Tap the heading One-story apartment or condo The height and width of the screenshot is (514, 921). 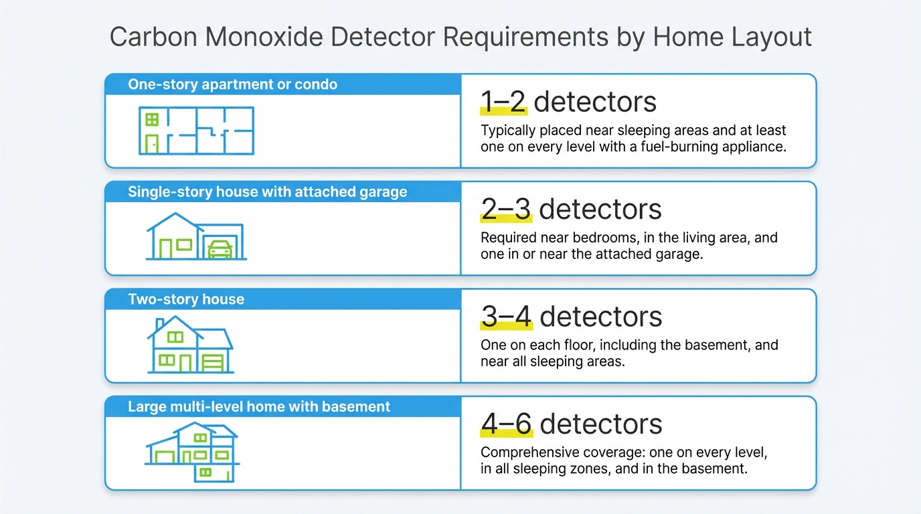[232, 85]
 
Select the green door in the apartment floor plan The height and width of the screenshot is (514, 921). [152, 144]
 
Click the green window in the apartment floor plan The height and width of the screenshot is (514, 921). [152, 120]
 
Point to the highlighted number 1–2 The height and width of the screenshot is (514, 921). [504, 102]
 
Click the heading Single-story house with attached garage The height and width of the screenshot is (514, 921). [267, 192]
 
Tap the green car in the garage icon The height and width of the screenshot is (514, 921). [220, 250]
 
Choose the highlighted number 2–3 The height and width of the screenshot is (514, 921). [506, 209]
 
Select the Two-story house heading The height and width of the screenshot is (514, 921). [186, 299]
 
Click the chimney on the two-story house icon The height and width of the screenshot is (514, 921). [160, 325]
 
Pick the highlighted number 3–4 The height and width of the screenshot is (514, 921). [507, 317]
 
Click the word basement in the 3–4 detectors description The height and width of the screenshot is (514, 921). [711, 345]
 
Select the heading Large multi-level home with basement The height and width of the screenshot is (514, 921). [259, 406]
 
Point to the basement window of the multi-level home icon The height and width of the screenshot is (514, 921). [205, 472]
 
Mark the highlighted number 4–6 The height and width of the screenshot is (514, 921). [507, 424]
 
